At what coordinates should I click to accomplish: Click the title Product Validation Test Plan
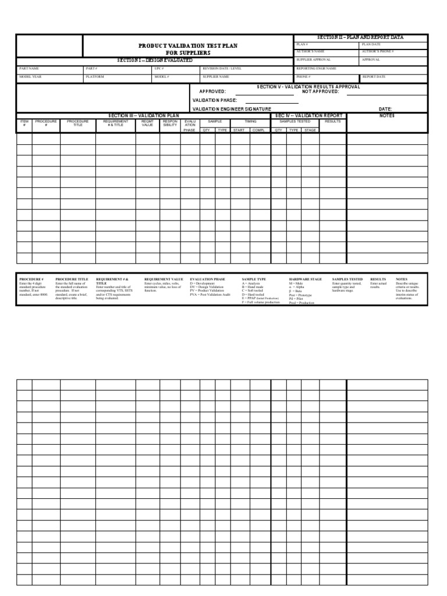point(187,45)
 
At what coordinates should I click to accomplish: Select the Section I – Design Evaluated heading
point(155,60)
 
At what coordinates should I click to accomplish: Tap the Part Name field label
point(29,68)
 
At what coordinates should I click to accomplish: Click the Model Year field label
point(30,76)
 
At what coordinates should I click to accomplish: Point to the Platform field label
point(95,76)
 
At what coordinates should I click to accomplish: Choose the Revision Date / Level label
point(222,68)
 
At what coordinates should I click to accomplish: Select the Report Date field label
point(374,76)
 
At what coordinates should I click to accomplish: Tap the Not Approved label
point(320,91)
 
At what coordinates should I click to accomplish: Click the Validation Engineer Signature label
point(232,109)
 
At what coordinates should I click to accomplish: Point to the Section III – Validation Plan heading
point(144,116)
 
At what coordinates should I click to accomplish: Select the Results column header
point(332,122)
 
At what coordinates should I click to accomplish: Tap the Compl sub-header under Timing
point(258,130)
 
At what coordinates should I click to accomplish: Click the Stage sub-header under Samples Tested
point(310,130)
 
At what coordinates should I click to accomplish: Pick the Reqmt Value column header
point(147,123)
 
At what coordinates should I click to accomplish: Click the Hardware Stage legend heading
point(305,279)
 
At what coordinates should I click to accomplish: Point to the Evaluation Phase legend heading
point(207,279)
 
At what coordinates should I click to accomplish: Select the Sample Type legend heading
point(254,279)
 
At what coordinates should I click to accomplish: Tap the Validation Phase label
point(215,100)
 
